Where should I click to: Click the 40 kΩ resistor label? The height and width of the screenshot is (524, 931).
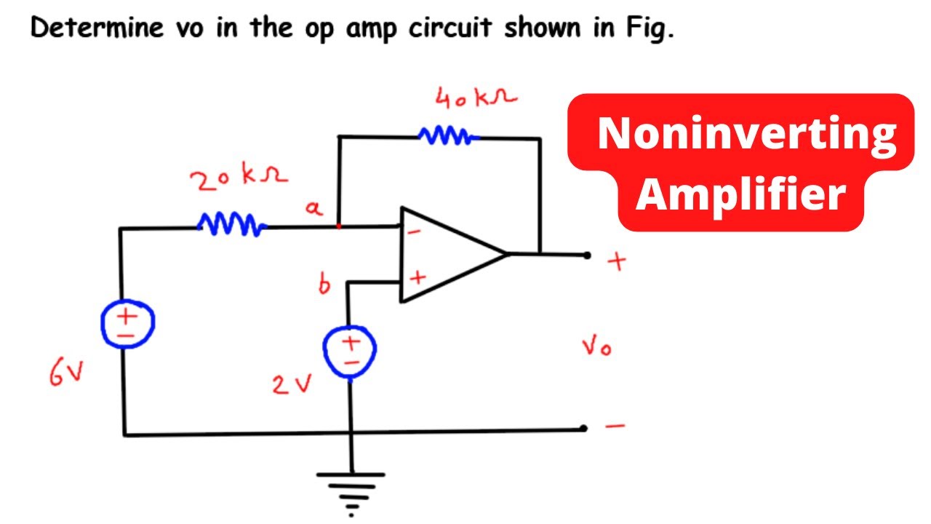[476, 99]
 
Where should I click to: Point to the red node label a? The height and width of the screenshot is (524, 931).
[313, 209]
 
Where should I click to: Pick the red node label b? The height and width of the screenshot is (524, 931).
[324, 285]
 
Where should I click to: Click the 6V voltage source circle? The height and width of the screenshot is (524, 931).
[127, 324]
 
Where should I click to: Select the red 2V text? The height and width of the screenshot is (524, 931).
[292, 384]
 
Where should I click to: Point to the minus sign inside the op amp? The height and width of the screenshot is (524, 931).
[414, 232]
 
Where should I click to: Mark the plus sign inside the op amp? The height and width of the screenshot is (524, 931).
[418, 278]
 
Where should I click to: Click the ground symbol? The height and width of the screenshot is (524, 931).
[351, 485]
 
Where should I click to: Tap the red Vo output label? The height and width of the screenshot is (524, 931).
[596, 347]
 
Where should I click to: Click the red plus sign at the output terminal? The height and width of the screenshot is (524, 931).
[618, 262]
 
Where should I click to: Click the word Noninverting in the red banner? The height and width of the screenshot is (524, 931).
[746, 134]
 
